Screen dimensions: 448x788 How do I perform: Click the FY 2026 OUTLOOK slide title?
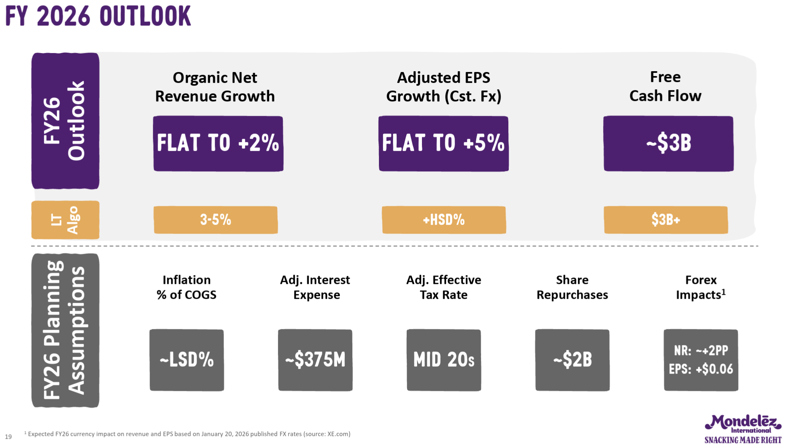[98, 16]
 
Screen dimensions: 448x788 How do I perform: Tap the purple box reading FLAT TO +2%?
[218, 144]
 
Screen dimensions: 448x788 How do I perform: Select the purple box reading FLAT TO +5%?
[443, 144]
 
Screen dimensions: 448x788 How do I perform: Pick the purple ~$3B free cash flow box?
[668, 144]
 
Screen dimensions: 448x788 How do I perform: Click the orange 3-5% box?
[215, 220]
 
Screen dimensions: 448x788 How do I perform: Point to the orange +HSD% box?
[444, 220]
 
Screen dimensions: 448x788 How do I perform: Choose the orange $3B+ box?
[665, 220]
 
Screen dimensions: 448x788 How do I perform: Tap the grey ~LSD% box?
[186, 360]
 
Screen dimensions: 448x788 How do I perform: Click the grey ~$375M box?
[315, 360]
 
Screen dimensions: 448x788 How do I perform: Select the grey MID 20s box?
[444, 360]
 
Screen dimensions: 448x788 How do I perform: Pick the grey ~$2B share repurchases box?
[572, 360]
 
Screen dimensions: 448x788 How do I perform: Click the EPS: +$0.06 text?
[701, 369]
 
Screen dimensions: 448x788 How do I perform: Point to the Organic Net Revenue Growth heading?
[215, 87]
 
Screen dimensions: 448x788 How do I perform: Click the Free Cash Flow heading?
[665, 86]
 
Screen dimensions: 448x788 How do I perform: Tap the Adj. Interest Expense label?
[315, 287]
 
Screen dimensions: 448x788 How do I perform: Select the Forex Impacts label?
[701, 287]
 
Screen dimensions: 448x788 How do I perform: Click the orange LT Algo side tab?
[65, 220]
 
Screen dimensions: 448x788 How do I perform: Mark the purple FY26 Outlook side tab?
[65, 121]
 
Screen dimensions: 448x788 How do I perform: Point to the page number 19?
[8, 437]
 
